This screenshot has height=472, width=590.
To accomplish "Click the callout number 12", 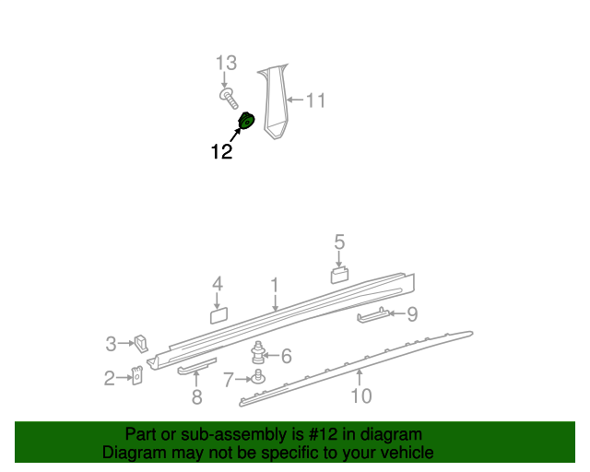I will (221, 152).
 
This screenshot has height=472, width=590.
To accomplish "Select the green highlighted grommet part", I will (246, 121).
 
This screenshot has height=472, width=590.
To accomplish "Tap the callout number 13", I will (226, 63).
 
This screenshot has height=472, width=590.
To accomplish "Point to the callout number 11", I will (315, 100).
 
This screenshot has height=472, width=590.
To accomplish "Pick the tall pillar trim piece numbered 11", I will (275, 101).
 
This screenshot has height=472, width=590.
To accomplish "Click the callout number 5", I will (339, 242).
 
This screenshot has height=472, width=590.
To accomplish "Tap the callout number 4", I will (218, 284).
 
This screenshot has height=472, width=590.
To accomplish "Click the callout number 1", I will (274, 285).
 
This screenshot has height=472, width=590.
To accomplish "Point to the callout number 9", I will (411, 314).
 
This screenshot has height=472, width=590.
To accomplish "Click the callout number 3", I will (111, 344).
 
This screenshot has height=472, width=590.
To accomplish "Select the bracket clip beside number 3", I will (140, 343).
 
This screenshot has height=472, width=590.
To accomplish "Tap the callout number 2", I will (109, 377).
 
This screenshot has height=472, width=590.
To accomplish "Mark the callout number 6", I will (286, 355).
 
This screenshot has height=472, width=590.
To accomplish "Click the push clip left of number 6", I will (259, 352).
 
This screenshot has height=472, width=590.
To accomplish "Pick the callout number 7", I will (229, 379).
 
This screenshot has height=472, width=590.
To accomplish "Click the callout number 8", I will (196, 398).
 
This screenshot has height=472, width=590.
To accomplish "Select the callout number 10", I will (361, 396).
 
